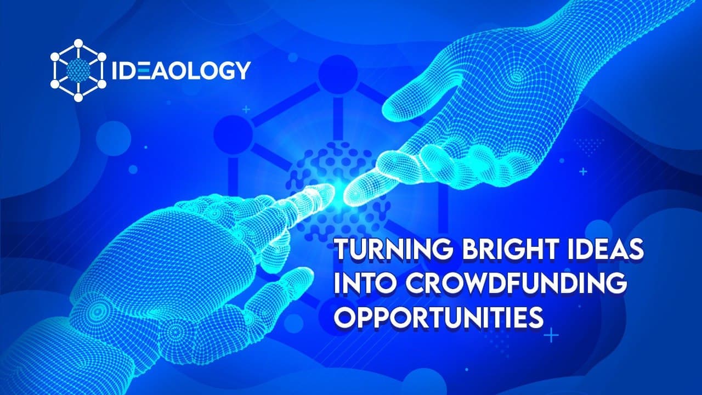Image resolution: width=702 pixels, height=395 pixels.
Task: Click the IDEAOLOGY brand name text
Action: pyautogui.click(x=181, y=70)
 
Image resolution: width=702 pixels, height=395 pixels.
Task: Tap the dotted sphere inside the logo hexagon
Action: pyautogui.click(x=77, y=70)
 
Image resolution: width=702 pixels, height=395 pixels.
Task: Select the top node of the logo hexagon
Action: pyautogui.click(x=77, y=43)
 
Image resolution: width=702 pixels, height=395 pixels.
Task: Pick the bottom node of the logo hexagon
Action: pyautogui.click(x=77, y=98)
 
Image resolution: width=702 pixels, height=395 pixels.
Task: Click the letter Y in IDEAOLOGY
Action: pyautogui.click(x=242, y=70)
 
